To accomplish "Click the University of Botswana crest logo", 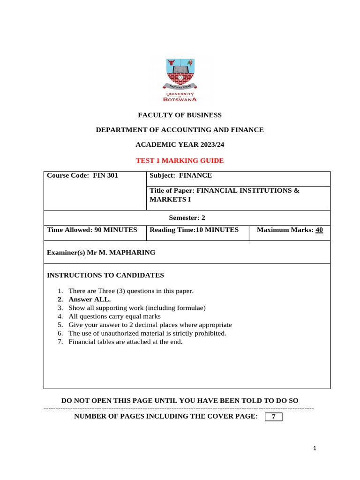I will click(x=180, y=80).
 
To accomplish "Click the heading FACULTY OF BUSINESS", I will click(x=180, y=115).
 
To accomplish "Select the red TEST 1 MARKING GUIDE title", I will click(x=180, y=161).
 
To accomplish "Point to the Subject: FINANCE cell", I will click(x=180, y=176).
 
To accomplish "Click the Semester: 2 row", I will click(x=187, y=217).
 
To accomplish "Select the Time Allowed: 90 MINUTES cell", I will click(x=92, y=230).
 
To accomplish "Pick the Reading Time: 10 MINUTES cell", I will click(x=194, y=230).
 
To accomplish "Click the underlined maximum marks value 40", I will click(x=319, y=230).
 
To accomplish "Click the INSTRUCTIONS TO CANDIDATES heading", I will click(x=105, y=275).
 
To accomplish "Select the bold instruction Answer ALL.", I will click(x=90, y=300).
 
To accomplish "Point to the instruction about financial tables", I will click(x=125, y=342).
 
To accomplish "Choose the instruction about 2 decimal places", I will click(x=150, y=325).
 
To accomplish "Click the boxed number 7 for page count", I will click(x=273, y=417).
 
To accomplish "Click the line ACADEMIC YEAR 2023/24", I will click(x=180, y=145).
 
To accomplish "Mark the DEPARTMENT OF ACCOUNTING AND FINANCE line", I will click(x=180, y=130).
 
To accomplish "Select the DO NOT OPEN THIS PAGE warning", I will click(x=180, y=401).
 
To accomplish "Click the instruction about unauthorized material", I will click(x=147, y=333).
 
